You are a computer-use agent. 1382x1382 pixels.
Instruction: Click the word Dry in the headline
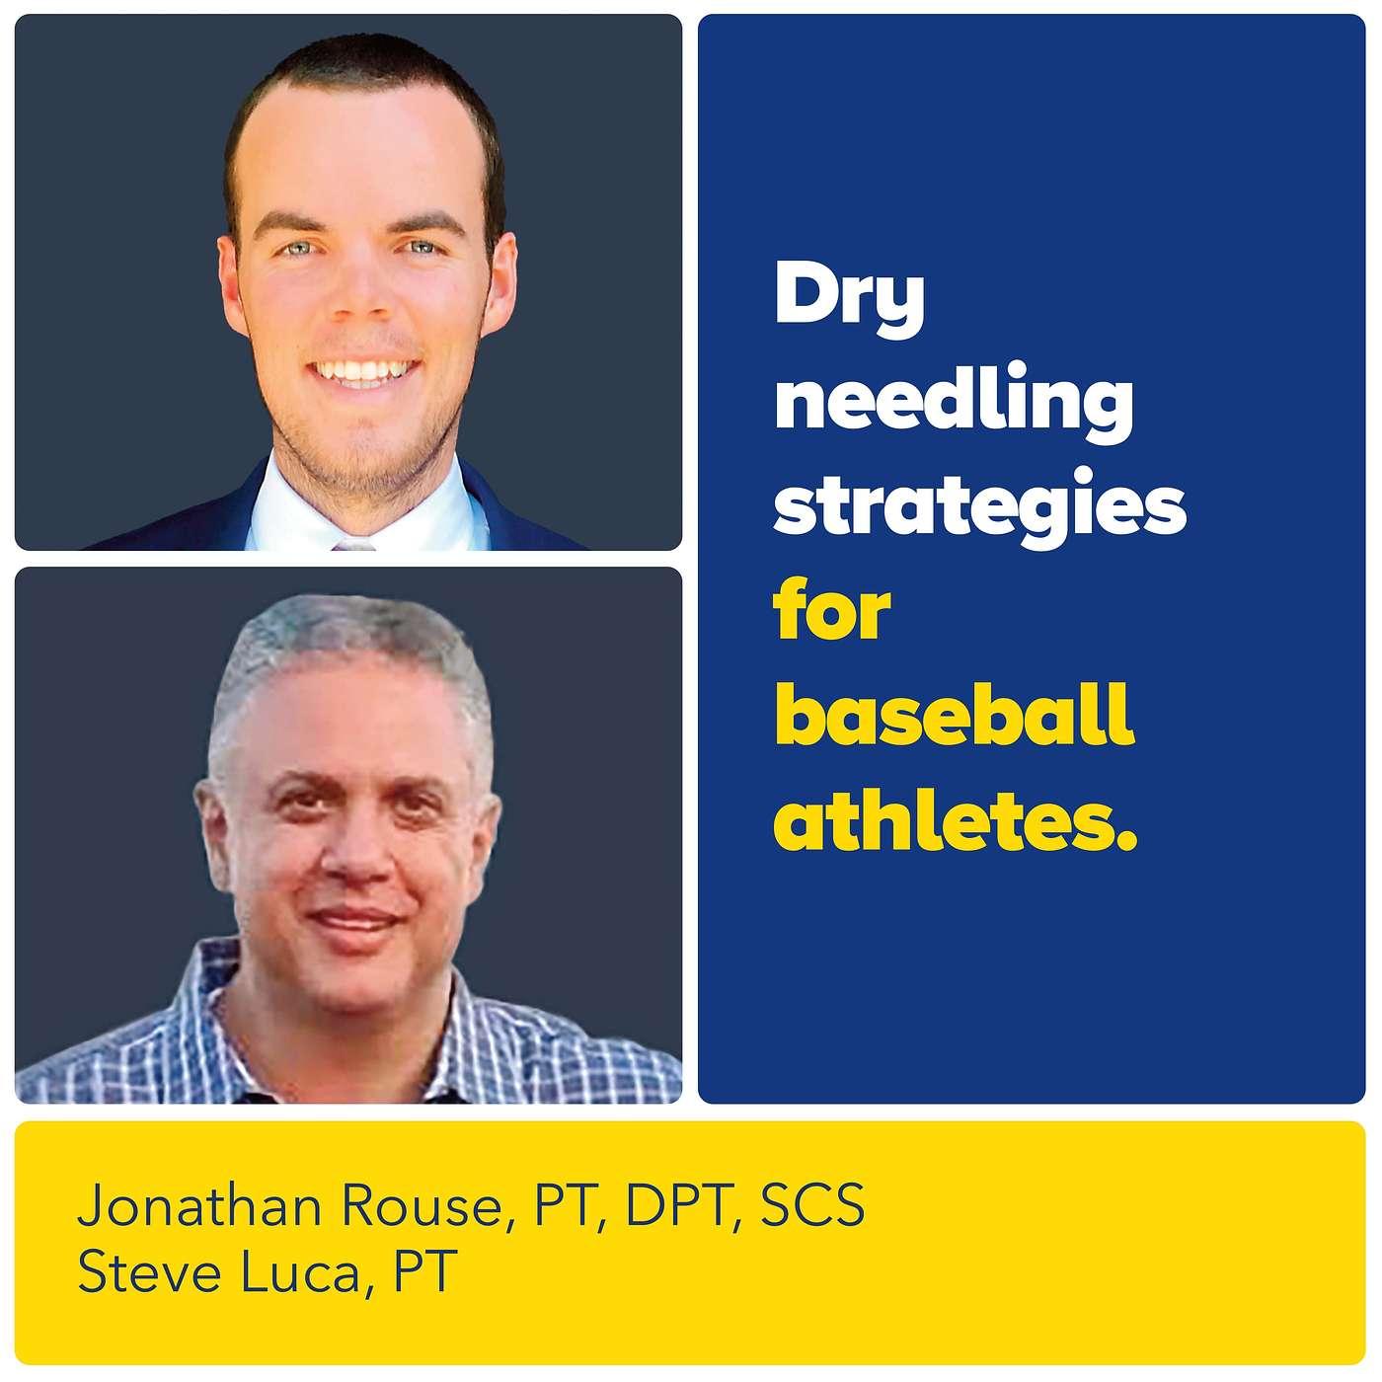click(x=849, y=302)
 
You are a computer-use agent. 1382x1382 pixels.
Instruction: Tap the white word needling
click(x=954, y=406)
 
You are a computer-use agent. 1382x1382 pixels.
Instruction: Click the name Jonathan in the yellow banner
click(x=198, y=1205)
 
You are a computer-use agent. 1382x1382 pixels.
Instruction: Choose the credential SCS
click(x=811, y=1205)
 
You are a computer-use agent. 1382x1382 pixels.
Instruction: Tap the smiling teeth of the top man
click(x=363, y=371)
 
